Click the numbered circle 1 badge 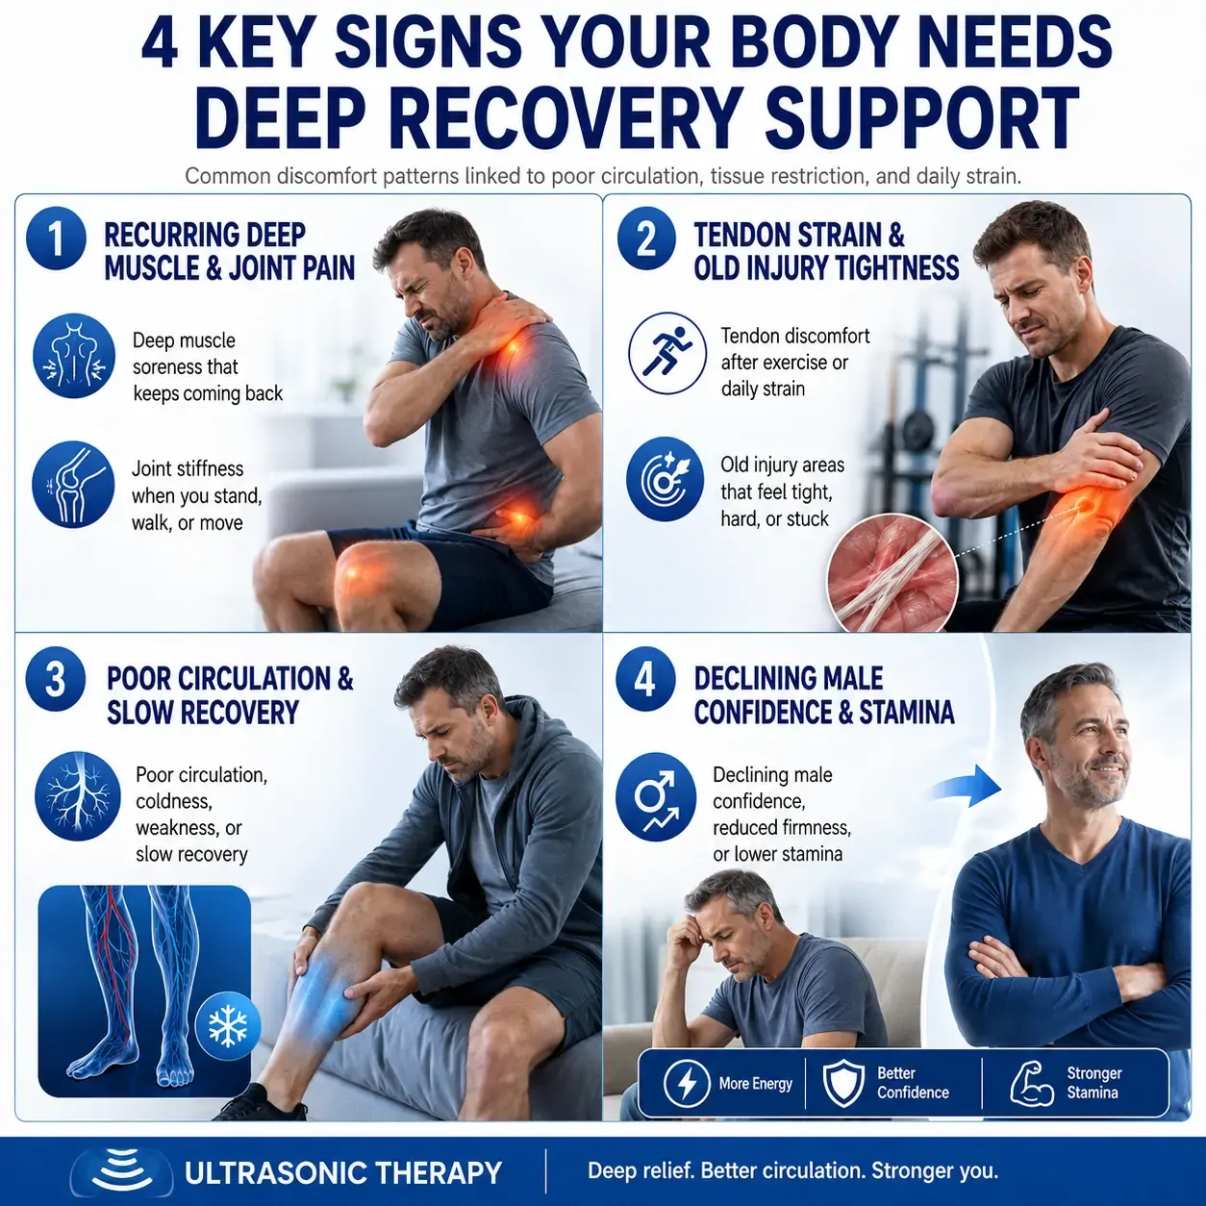[57, 239]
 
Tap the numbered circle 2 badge [646, 239]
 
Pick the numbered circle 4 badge [646, 680]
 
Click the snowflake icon [227, 1026]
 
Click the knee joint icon [74, 485]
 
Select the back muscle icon [74, 356]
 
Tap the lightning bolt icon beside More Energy [687, 1083]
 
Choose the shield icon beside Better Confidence [843, 1083]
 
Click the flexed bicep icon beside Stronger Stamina [1033, 1083]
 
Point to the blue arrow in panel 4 [967, 787]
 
